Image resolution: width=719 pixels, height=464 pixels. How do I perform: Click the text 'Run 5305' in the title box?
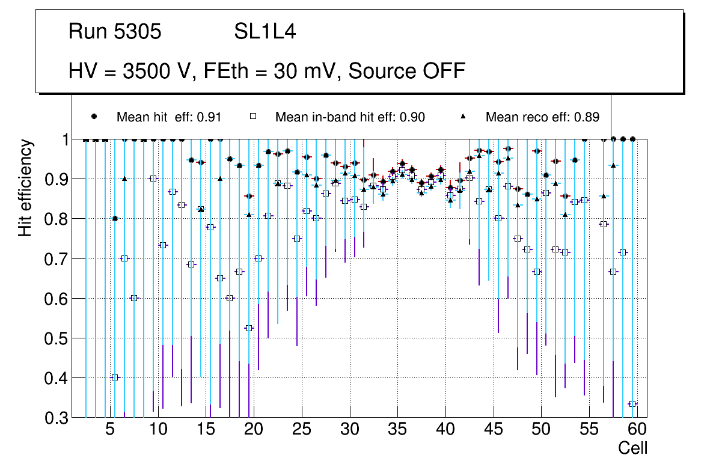click(115, 32)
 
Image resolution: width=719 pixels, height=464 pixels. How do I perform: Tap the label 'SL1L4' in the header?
click(265, 32)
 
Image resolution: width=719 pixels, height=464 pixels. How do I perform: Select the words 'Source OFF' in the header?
click(407, 71)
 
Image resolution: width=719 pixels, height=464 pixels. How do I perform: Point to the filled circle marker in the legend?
click(94, 117)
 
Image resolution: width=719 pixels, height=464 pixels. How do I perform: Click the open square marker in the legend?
click(253, 117)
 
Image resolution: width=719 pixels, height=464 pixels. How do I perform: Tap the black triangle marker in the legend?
click(464, 117)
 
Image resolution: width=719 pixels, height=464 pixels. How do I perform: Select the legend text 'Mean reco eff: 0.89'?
click(542, 117)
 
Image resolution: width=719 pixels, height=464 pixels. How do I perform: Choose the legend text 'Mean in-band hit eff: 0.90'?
click(350, 117)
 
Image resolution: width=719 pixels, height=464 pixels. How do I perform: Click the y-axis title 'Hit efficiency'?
click(26, 188)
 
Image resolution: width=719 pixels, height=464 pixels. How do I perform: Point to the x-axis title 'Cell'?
click(632, 448)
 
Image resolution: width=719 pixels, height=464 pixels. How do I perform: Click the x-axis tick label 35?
click(397, 430)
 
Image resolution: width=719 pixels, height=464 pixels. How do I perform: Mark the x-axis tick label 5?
click(110, 430)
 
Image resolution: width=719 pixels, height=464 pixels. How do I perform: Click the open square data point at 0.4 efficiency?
click(115, 377)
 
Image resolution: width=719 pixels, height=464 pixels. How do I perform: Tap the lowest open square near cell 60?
click(632, 404)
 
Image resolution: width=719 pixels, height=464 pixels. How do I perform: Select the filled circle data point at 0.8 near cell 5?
click(115, 219)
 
